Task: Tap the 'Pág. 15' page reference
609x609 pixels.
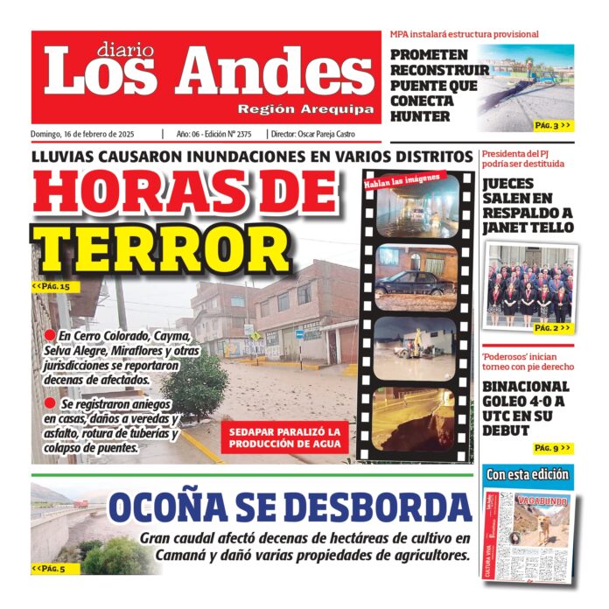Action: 51,285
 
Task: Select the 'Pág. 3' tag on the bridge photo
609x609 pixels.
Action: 552,126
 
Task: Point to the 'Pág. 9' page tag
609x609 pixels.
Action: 552,449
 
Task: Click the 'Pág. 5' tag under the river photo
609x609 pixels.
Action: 48,569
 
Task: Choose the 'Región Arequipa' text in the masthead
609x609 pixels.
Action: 305,109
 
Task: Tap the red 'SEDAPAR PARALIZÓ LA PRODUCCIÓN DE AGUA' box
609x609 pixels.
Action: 284,438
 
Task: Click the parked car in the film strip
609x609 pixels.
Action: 415,282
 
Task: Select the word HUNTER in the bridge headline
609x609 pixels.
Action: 421,116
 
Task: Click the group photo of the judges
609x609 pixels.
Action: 529,284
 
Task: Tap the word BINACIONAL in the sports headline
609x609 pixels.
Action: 526,387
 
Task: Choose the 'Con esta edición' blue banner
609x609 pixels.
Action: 528,475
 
